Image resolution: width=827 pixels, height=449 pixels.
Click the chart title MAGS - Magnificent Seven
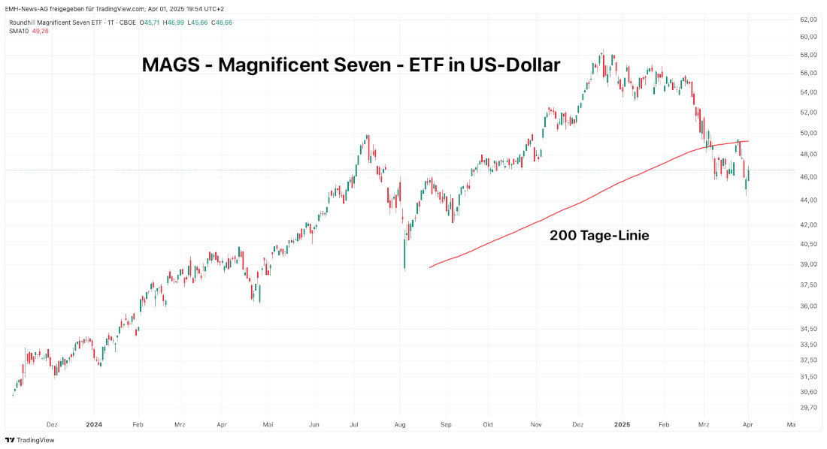click(x=350, y=65)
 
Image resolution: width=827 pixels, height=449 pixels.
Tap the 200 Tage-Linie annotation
click(x=599, y=235)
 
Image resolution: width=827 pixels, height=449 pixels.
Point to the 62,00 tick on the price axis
click(x=808, y=19)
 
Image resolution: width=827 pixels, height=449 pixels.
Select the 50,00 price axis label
click(x=808, y=133)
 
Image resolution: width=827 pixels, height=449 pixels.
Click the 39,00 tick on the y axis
click(x=808, y=264)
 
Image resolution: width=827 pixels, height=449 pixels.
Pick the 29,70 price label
click(x=808, y=408)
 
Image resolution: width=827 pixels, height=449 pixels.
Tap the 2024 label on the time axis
click(x=94, y=424)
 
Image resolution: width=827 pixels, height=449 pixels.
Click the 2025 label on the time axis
click(x=623, y=424)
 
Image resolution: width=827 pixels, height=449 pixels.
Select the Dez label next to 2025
click(x=578, y=424)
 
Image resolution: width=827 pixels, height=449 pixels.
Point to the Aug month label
click(x=400, y=424)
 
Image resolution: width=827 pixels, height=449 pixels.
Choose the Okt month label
click(x=488, y=424)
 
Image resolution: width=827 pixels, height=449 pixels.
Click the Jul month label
click(x=355, y=424)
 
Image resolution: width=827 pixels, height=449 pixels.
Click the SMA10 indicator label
click(x=20, y=31)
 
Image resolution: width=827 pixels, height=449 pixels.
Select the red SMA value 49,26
click(x=41, y=31)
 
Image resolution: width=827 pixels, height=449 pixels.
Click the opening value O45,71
click(x=150, y=23)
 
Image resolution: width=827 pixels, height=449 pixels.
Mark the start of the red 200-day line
click(x=430, y=267)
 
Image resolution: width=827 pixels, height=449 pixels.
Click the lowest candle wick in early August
click(x=404, y=268)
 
